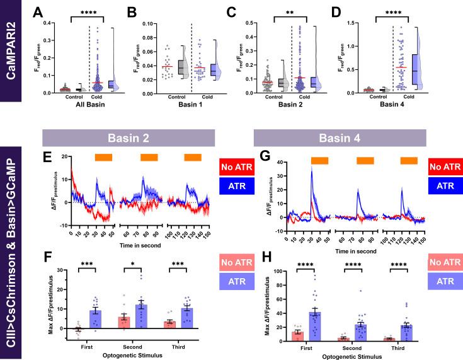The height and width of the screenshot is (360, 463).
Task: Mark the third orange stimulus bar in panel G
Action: (409, 161)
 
